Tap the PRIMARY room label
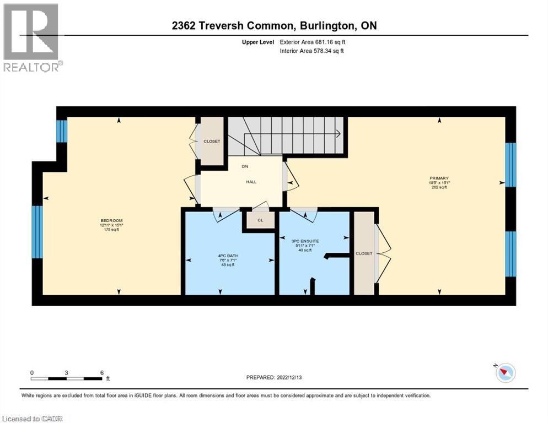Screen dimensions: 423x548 (x=440, y=178)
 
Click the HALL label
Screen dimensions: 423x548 (x=251, y=182)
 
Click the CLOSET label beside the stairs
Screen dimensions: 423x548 (x=212, y=142)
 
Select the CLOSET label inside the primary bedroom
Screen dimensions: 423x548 (x=364, y=253)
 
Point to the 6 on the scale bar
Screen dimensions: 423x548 (x=102, y=372)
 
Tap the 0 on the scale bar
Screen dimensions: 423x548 (x=32, y=372)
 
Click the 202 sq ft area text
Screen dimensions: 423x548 (x=440, y=187)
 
